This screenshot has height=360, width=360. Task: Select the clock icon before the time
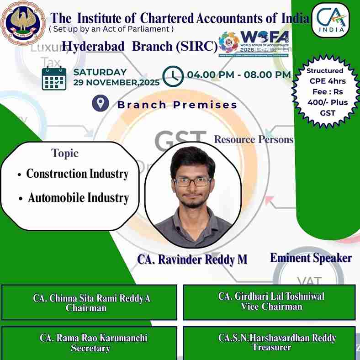173,75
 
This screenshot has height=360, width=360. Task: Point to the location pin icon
100,103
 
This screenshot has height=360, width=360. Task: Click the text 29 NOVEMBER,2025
116,83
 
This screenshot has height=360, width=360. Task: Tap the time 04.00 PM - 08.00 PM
238,74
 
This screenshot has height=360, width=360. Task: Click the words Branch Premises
177,105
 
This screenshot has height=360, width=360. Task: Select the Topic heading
65,154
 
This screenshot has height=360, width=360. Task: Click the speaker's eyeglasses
192,181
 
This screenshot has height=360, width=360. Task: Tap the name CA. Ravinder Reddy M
192,259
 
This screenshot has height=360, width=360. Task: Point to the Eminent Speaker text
311,258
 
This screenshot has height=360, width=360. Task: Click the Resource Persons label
254,139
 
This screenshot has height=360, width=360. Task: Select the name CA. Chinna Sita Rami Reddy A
91,298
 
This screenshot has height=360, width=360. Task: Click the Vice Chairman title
271,307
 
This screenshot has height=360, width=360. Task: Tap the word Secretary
90,348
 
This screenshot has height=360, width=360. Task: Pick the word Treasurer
271,347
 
